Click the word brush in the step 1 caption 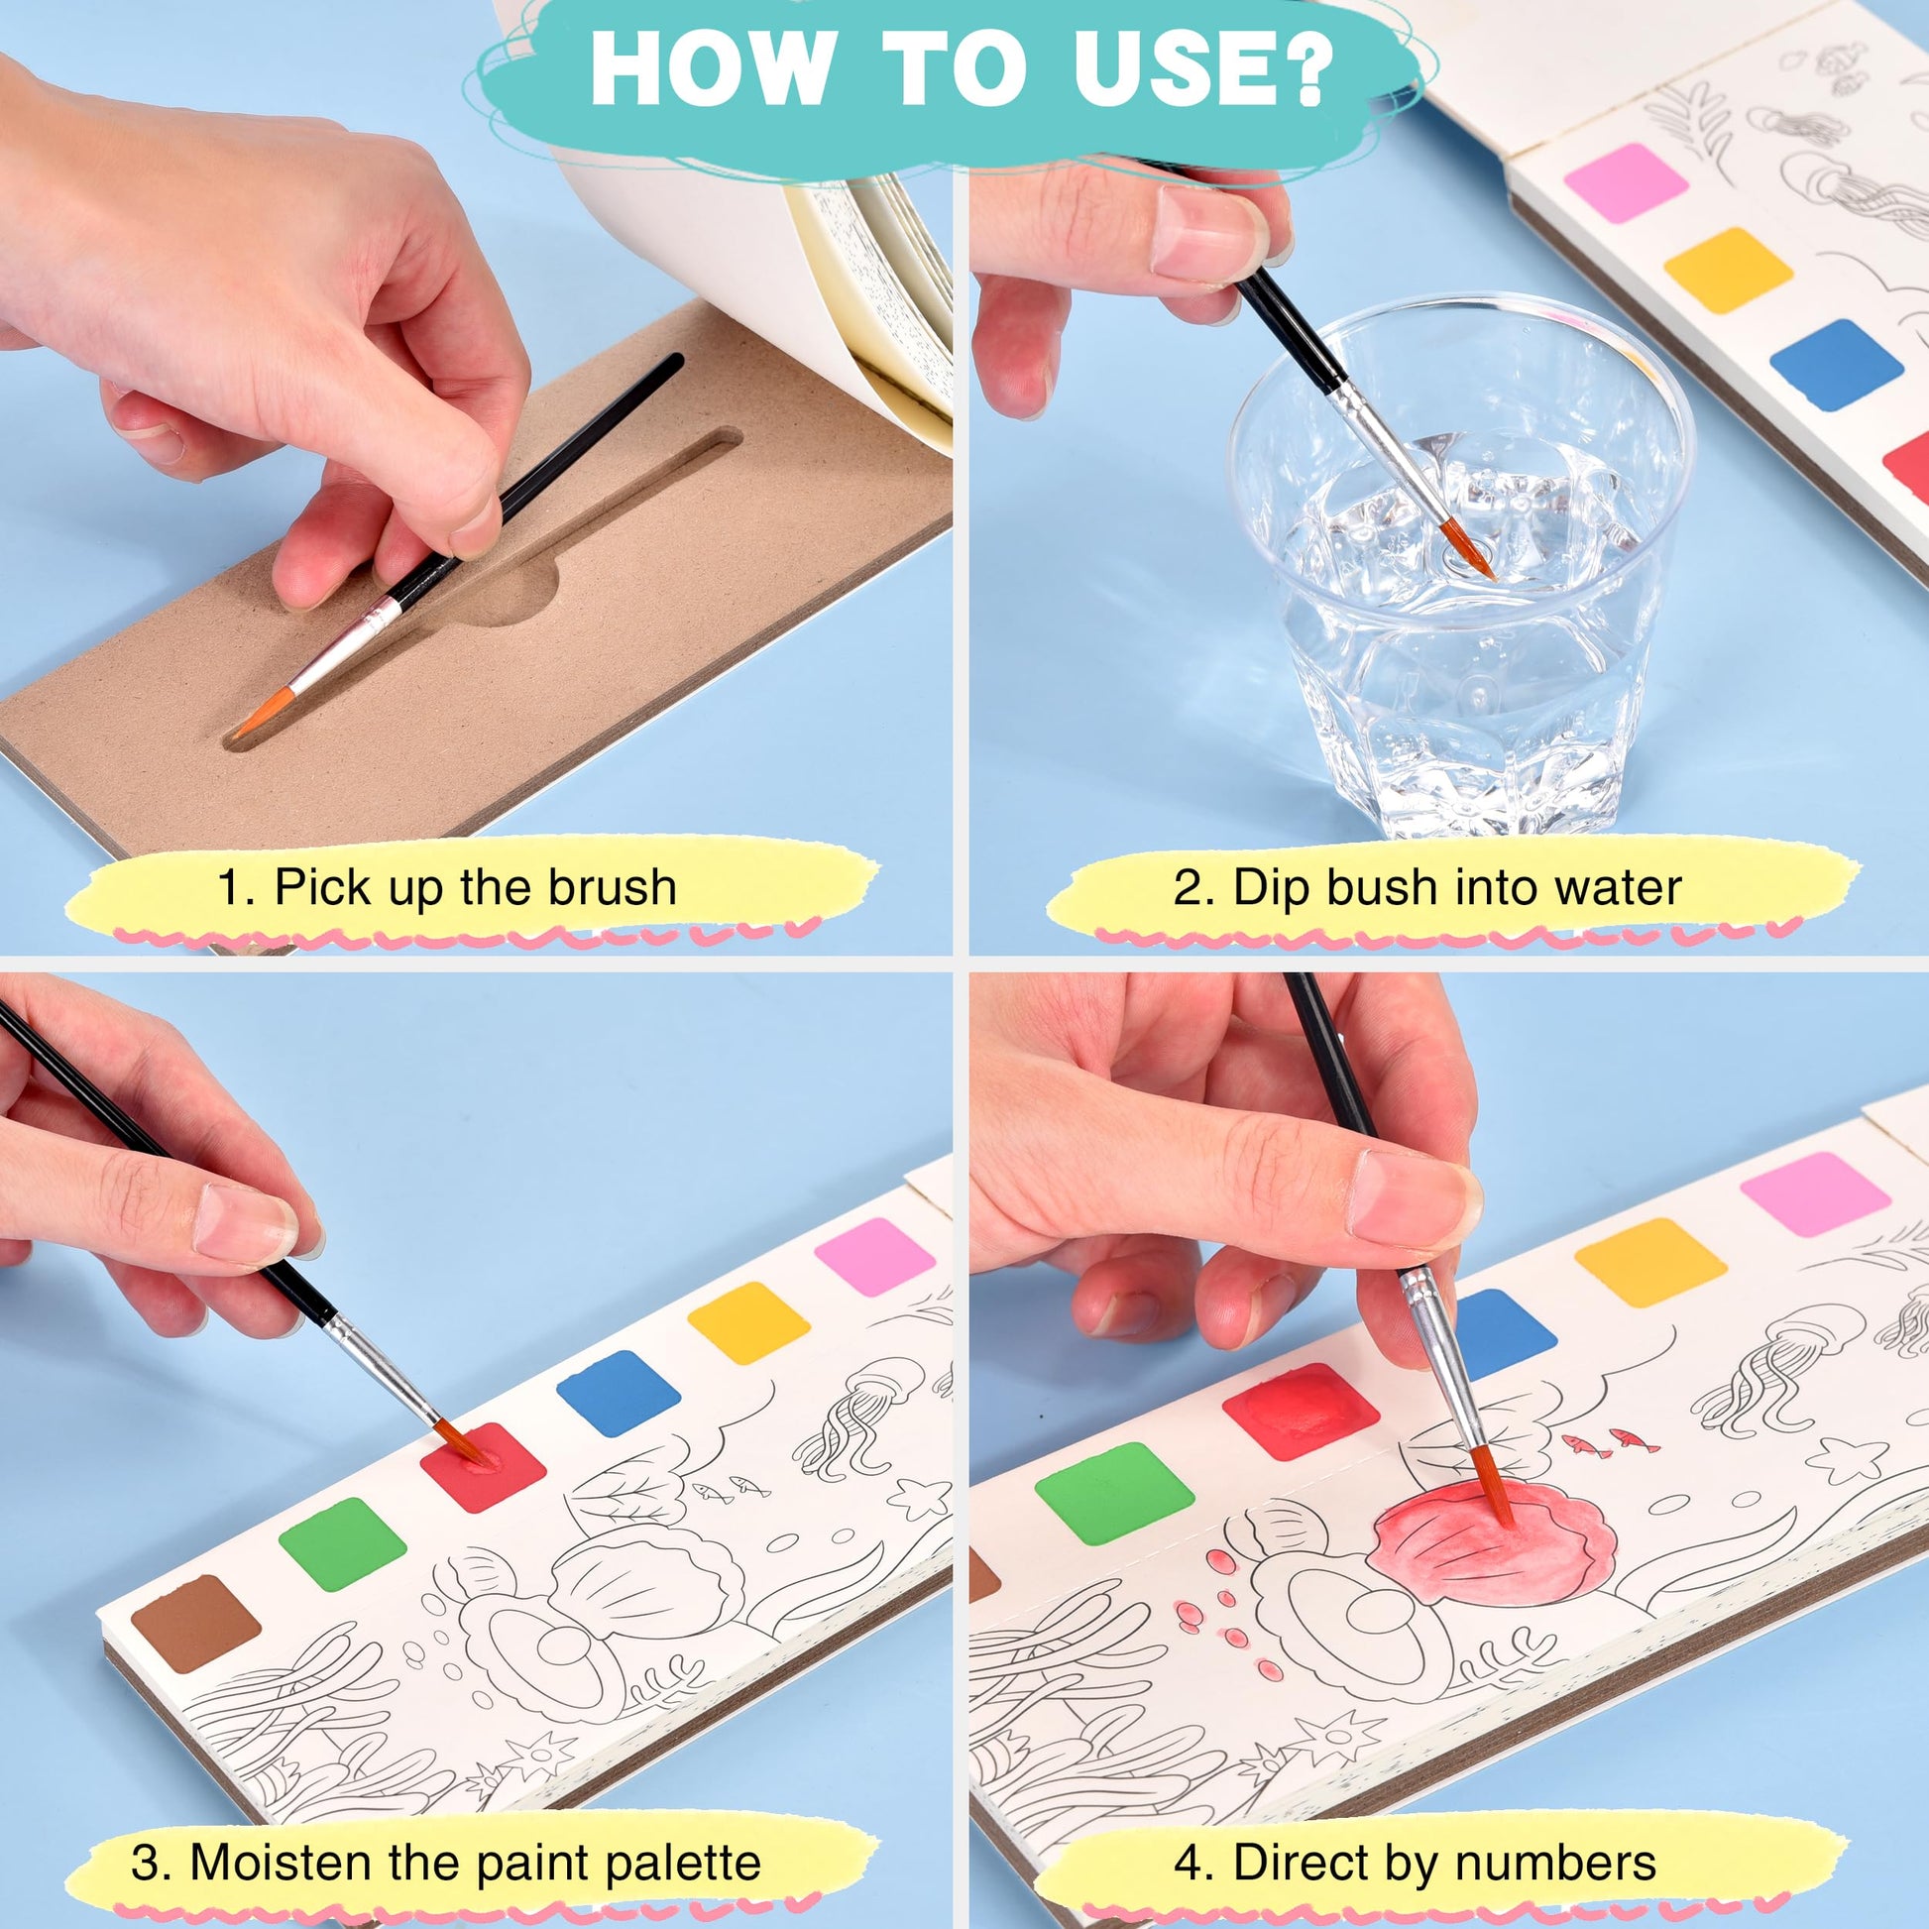click(614, 885)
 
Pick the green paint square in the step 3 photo click(342, 1543)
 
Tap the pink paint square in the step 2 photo click(1626, 182)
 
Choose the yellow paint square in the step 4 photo click(1651, 1262)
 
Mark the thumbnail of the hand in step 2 click(1209, 239)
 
